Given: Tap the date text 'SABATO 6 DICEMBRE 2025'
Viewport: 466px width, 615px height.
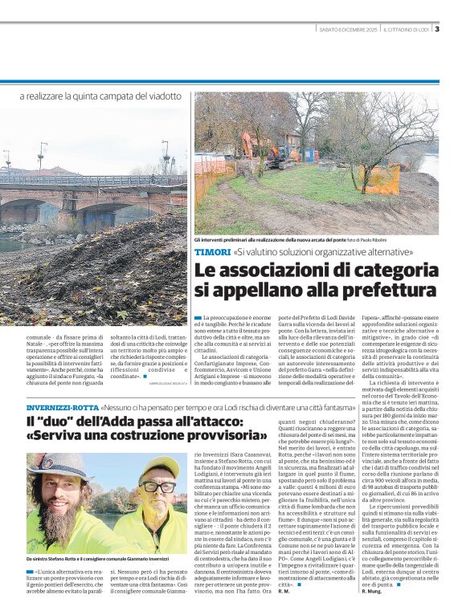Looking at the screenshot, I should tap(348, 31).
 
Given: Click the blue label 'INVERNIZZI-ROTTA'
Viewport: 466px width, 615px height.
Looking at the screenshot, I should tap(61, 407).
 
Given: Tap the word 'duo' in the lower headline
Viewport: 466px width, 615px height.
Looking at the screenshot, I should tap(58, 421).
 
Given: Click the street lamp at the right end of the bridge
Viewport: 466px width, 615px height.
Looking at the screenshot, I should tap(166, 157).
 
